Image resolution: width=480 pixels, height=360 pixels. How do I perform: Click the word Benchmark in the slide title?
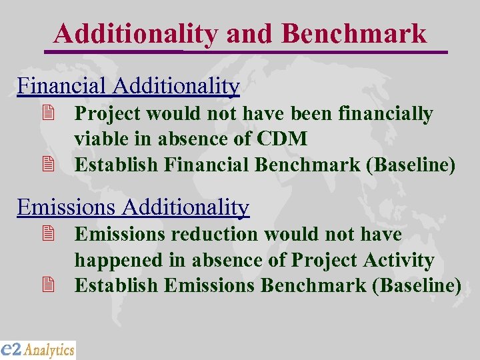(354, 33)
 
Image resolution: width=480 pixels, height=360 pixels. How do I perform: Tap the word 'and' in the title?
(250, 33)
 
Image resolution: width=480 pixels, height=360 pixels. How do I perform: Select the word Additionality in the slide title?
(136, 33)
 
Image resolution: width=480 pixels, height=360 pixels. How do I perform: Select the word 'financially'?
(386, 114)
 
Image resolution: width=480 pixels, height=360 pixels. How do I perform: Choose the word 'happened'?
(118, 260)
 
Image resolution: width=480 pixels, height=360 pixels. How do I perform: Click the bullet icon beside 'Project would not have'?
(47, 115)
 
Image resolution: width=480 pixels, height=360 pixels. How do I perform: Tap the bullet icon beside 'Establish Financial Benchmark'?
(47, 165)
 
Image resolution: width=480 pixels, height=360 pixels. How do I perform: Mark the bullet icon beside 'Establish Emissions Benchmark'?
(47, 285)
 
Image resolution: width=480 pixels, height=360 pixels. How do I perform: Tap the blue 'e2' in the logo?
(11, 349)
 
